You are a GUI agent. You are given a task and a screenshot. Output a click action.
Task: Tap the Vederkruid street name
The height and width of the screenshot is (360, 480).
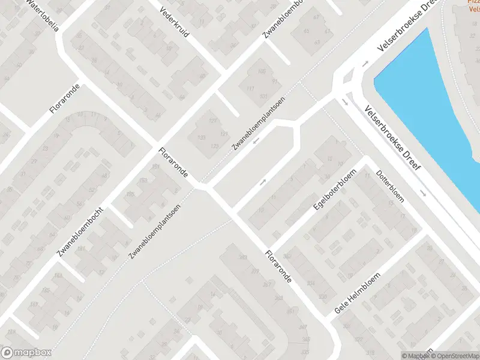tap(174, 22)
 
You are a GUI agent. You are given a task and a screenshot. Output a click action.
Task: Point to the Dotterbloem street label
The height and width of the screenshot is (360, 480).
tap(390, 185)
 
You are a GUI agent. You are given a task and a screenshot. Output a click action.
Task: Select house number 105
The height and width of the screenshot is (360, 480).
tap(261, 72)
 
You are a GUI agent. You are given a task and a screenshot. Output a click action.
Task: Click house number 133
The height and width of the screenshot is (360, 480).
tap(202, 137)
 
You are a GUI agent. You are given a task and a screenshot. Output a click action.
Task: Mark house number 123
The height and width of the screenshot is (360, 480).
tap(215, 146)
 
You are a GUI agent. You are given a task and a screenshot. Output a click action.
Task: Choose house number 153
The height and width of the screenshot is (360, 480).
tap(143, 181)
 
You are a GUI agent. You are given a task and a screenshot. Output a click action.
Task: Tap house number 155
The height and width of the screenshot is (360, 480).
tap(130, 194)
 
